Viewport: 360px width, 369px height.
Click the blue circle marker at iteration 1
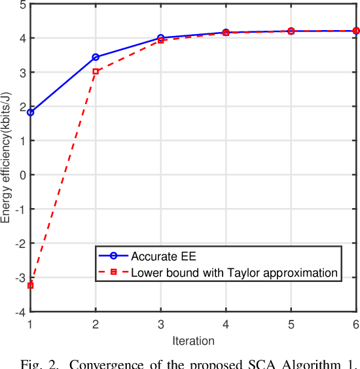(x=30, y=113)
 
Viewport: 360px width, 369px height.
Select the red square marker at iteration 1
(x=30, y=285)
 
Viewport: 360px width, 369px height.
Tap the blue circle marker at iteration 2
(x=96, y=57)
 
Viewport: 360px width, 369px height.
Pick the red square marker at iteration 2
(x=96, y=71)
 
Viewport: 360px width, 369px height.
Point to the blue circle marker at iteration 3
(x=161, y=38)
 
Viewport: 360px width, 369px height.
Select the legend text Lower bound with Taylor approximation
(x=234, y=272)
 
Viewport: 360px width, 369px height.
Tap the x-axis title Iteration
(x=193, y=341)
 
